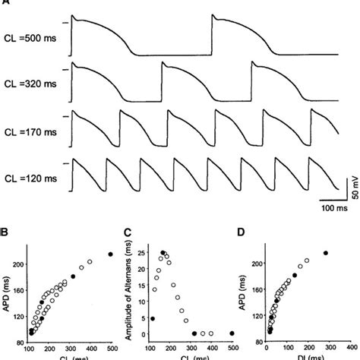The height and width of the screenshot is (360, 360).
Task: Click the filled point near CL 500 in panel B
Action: (110, 254)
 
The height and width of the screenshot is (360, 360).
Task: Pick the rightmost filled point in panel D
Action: (327, 253)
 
